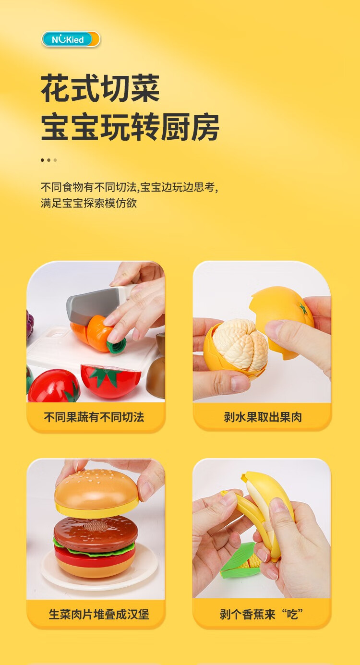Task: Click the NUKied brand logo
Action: [71, 39]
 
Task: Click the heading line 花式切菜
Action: [100, 88]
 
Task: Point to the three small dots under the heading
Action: [48, 160]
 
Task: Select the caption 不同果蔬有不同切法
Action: [94, 417]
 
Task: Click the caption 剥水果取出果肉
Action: [263, 417]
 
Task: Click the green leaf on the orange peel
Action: [303, 309]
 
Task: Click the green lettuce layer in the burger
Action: [95, 550]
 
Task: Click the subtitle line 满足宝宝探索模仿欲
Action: [89, 204]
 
